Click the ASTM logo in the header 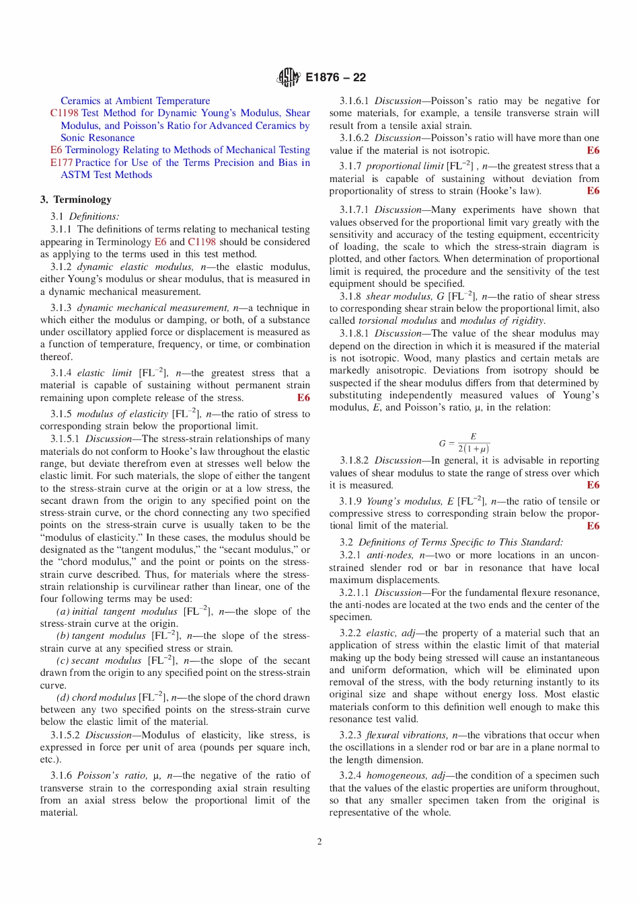click(x=288, y=77)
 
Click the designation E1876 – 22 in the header click(x=336, y=77)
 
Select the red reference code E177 click(x=61, y=163)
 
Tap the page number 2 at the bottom click(x=319, y=841)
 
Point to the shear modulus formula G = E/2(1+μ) click(x=464, y=443)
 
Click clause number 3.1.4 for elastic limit click(x=61, y=373)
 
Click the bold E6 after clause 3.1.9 click(x=593, y=526)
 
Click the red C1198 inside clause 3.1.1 click(x=202, y=242)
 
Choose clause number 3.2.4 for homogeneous click(x=350, y=775)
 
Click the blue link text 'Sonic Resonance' click(x=98, y=138)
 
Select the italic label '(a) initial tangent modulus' click(x=117, y=611)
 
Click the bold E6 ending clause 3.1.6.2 click(x=593, y=150)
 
